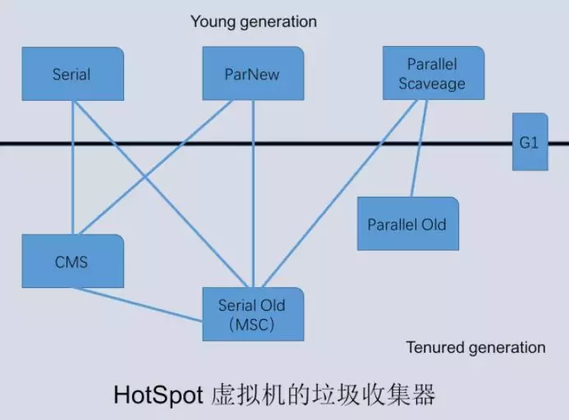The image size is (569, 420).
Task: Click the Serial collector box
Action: click(x=72, y=74)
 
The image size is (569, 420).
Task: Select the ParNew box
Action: click(x=252, y=74)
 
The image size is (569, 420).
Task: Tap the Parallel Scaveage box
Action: click(x=433, y=73)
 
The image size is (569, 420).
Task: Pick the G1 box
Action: click(x=529, y=143)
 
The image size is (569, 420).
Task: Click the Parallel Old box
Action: click(x=407, y=224)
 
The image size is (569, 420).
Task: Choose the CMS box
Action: click(x=72, y=262)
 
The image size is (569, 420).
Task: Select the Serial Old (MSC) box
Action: click(x=252, y=314)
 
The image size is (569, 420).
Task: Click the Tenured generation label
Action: click(x=475, y=347)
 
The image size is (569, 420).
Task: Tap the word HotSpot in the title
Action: click(x=157, y=395)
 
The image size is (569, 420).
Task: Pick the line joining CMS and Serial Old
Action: click(x=140, y=300)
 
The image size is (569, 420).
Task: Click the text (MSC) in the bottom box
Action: click(x=252, y=324)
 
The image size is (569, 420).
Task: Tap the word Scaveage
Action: click(x=433, y=83)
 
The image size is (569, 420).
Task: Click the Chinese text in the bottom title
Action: click(x=321, y=395)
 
